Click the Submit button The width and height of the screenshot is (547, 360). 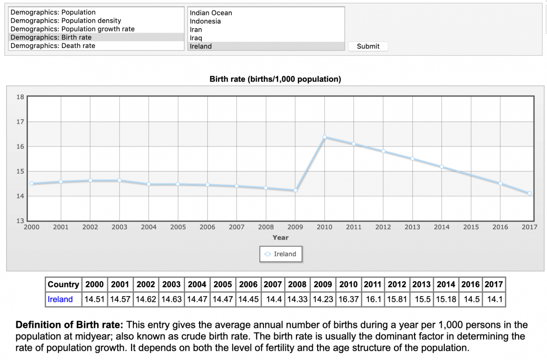(368, 46)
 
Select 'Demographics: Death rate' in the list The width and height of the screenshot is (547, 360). (53, 46)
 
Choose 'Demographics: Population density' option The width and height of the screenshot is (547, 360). (66, 21)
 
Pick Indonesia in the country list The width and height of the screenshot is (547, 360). (205, 21)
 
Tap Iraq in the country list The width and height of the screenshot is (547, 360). (196, 38)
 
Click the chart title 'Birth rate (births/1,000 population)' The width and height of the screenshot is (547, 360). (275, 79)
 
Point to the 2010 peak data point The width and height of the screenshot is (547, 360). (324, 137)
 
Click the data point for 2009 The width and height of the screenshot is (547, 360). (295, 190)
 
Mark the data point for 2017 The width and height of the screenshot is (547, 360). (529, 193)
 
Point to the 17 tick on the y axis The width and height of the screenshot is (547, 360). (20, 122)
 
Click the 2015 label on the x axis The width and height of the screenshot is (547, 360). (471, 227)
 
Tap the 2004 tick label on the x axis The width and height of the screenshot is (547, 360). (149, 227)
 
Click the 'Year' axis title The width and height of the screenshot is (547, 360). (280, 238)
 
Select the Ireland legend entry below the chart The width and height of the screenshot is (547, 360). (281, 254)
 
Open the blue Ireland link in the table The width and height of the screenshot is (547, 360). (60, 299)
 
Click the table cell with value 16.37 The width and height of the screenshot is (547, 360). (348, 299)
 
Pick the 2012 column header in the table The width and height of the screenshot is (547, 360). (397, 284)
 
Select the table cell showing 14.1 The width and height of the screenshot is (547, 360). (494, 299)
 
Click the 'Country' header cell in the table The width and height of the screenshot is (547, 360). (63, 284)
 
